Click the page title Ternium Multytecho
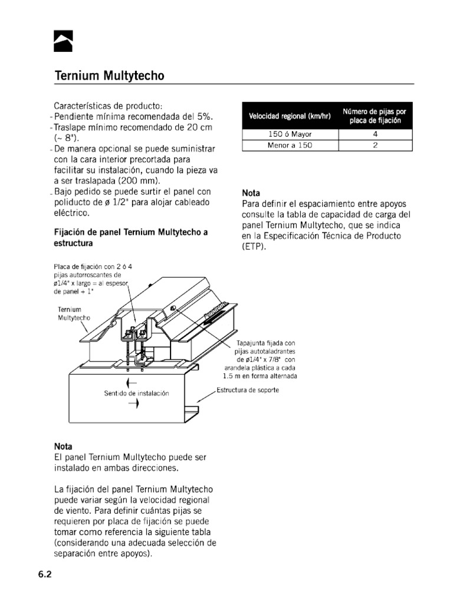[x=109, y=76]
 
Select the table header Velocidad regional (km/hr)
[x=290, y=116]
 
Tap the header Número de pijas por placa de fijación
[x=375, y=116]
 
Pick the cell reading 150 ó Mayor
[x=290, y=134]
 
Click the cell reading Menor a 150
[x=290, y=145]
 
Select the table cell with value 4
[x=375, y=134]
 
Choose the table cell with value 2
[x=375, y=145]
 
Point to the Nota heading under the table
[x=252, y=193]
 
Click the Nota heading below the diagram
[x=64, y=447]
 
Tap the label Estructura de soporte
[x=248, y=390]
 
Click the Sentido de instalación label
[x=136, y=393]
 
